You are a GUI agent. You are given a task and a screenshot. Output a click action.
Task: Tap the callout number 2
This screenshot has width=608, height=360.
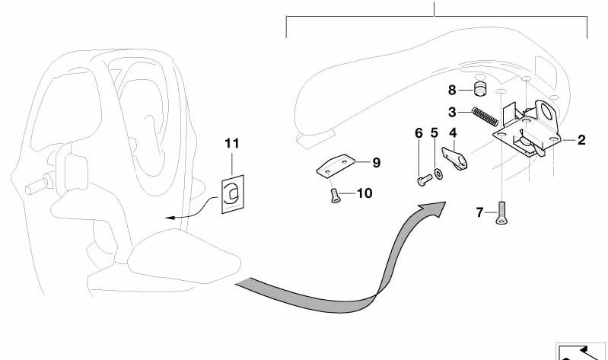coord(581,140)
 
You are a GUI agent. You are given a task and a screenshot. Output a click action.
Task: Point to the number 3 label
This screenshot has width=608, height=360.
coord(451,112)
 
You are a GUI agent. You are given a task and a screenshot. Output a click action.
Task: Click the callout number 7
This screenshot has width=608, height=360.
coord(479,212)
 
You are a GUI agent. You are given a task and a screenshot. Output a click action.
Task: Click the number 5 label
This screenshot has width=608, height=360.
coord(435,133)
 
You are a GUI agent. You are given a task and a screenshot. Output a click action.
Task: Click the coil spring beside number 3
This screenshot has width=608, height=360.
coord(485,118)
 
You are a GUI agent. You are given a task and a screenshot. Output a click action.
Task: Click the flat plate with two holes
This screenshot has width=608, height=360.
coord(336,167)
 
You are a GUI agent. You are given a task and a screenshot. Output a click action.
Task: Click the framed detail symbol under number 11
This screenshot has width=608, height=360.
coord(233,197)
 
